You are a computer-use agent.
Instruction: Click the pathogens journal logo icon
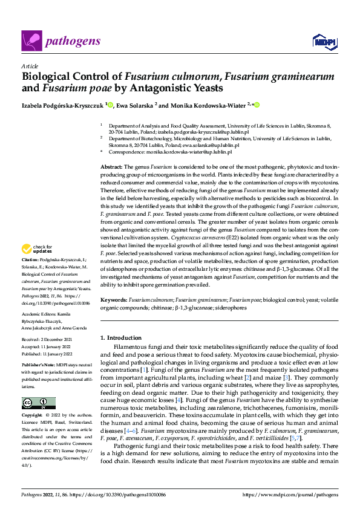coord(31,41)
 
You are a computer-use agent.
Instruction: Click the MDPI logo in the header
coord(323,41)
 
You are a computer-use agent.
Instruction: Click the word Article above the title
coord(30,66)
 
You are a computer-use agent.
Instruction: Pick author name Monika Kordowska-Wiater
coord(207,105)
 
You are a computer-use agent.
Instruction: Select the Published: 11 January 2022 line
coord(48,354)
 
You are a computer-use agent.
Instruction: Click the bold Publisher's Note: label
coord(38,366)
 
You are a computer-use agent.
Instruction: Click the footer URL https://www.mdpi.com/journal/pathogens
coord(290,494)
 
